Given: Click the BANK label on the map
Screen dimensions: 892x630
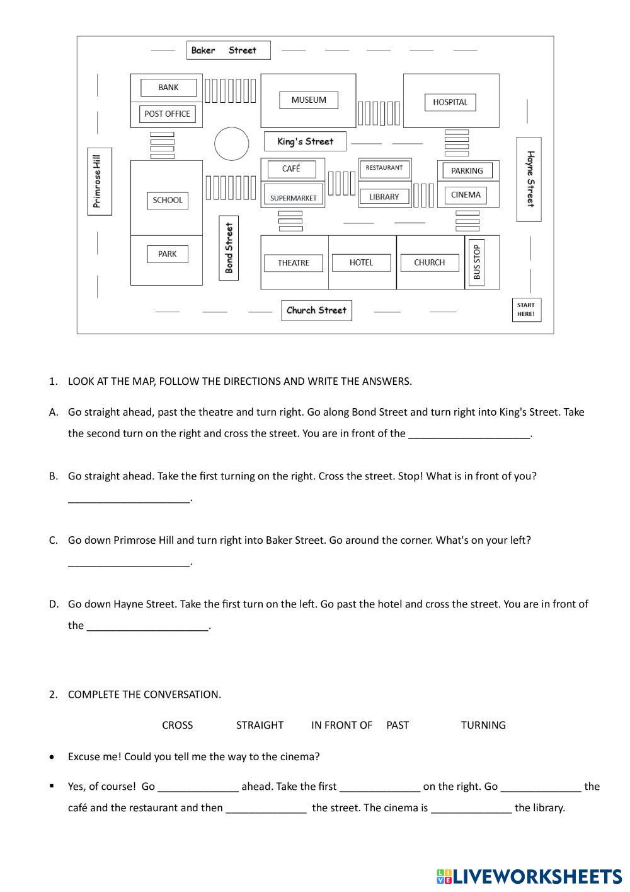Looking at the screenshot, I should click(x=168, y=88).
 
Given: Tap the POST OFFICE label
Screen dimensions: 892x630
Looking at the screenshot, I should click(x=167, y=114).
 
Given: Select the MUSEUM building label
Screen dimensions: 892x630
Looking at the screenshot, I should click(x=309, y=100).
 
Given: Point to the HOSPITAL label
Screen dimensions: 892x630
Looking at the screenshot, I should click(x=450, y=102).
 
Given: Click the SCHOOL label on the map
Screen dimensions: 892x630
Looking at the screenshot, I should click(x=168, y=200).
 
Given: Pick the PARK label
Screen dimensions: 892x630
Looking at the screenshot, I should click(x=168, y=254).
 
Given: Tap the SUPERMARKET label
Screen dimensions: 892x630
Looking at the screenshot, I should click(x=293, y=198).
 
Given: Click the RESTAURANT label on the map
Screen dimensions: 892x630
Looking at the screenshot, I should click(x=384, y=168).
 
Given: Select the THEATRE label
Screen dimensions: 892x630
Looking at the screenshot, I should click(x=294, y=263).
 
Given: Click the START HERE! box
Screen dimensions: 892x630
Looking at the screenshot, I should click(x=526, y=310).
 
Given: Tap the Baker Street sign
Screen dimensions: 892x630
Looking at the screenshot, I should click(x=228, y=50).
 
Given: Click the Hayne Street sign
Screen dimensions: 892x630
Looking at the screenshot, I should click(x=529, y=179).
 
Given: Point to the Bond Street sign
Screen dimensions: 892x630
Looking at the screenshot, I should click(x=229, y=247).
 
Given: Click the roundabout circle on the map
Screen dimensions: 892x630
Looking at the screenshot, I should click(x=232, y=144).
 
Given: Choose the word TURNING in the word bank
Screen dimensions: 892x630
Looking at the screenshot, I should click(x=483, y=725).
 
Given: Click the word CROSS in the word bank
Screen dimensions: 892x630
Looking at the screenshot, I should click(x=178, y=725).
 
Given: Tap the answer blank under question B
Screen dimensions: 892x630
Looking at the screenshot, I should click(x=129, y=498).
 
